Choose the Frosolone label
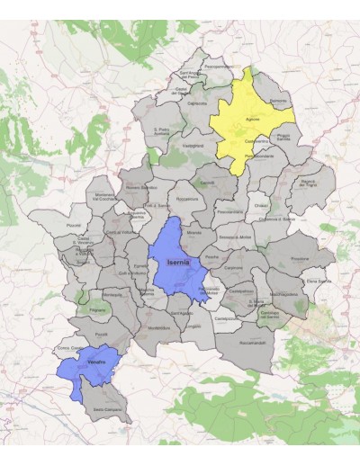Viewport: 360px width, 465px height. click(x=300, y=258)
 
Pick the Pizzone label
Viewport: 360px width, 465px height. click(x=74, y=225)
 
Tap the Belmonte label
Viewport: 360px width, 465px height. click(x=277, y=101)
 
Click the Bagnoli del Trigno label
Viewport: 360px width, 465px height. click(x=309, y=183)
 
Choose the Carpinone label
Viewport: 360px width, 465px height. click(x=235, y=267)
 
